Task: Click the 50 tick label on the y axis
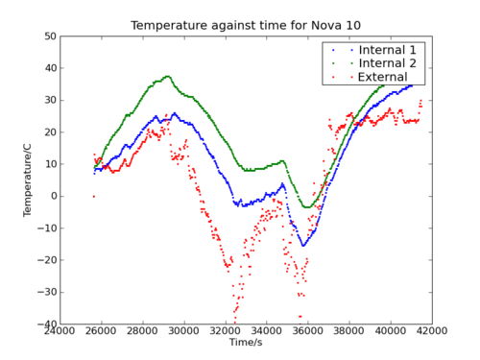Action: click(48, 36)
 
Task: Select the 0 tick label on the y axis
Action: click(51, 196)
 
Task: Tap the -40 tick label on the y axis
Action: click(45, 324)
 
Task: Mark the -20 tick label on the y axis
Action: click(45, 260)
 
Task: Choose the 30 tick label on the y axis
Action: click(48, 100)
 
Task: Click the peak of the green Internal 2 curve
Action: click(167, 77)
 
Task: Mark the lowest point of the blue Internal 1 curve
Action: click(303, 245)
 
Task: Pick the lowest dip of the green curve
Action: click(306, 206)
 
